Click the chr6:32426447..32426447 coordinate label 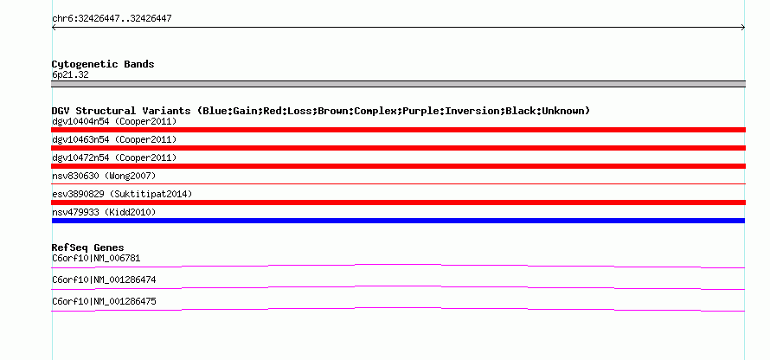tap(111, 17)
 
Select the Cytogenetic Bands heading tap(103, 64)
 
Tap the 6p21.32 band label tap(70, 74)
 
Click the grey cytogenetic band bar tap(398, 84)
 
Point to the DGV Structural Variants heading tap(320, 111)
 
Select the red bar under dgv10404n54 tap(398, 130)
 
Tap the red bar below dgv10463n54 tap(398, 148)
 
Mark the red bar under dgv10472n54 tap(398, 166)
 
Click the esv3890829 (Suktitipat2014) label tap(122, 194)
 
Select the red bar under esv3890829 tap(398, 202)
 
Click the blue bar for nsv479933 tap(398, 221)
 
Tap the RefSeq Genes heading tap(87, 247)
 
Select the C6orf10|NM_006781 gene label tap(96, 257)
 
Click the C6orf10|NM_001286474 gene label tap(104, 280)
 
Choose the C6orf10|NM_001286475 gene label tap(104, 301)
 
